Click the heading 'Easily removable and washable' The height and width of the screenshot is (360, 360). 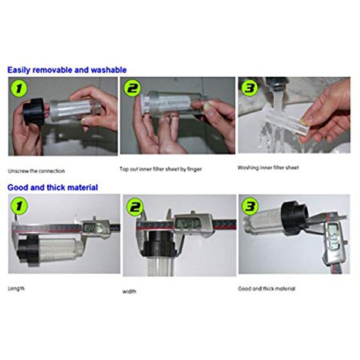tap(67, 70)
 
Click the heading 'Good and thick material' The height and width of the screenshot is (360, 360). tap(53, 187)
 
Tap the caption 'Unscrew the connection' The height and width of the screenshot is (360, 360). tap(37, 171)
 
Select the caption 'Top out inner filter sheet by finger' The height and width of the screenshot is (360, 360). tap(161, 169)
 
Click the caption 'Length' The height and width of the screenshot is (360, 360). tap(17, 288)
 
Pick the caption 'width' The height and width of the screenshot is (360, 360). tap(129, 292)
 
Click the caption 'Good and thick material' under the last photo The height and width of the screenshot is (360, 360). tap(266, 289)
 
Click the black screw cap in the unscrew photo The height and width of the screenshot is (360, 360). tap(33, 114)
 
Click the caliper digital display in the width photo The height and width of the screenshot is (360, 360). tap(190, 224)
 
